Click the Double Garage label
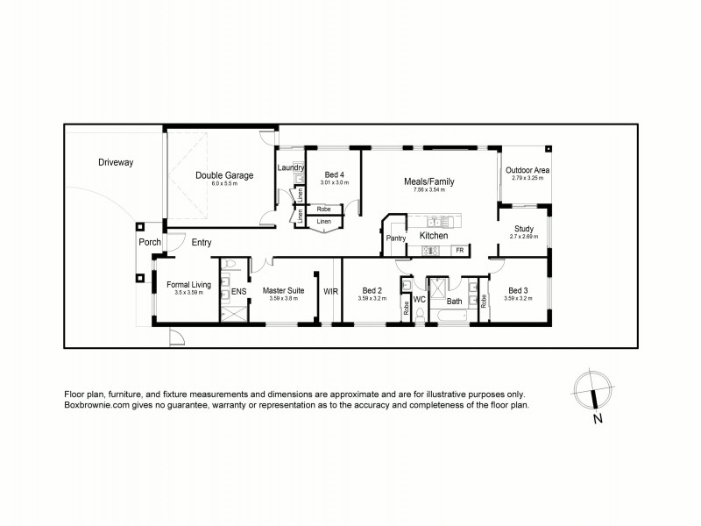[224, 175]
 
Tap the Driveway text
[116, 162]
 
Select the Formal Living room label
[189, 284]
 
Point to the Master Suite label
[283, 290]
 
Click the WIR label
[331, 290]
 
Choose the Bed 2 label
[372, 290]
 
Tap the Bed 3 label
[518, 290]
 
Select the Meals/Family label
[428, 181]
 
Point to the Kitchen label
[434, 236]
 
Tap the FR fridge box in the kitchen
[458, 251]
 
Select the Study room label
[524, 229]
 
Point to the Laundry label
[290, 167]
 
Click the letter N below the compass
[598, 418]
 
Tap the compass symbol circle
[592, 388]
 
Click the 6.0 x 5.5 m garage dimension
[224, 185]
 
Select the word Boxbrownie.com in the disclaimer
[96, 406]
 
